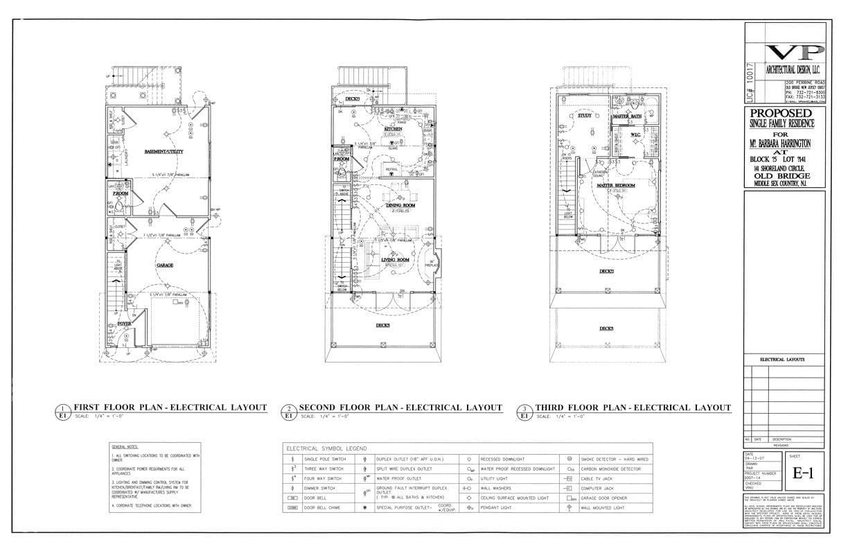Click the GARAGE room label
(164, 265)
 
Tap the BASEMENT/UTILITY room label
(164, 151)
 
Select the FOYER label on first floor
(123, 323)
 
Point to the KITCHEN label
(394, 129)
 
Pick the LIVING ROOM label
(395, 260)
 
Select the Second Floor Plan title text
(400, 408)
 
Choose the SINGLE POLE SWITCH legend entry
(322, 459)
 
